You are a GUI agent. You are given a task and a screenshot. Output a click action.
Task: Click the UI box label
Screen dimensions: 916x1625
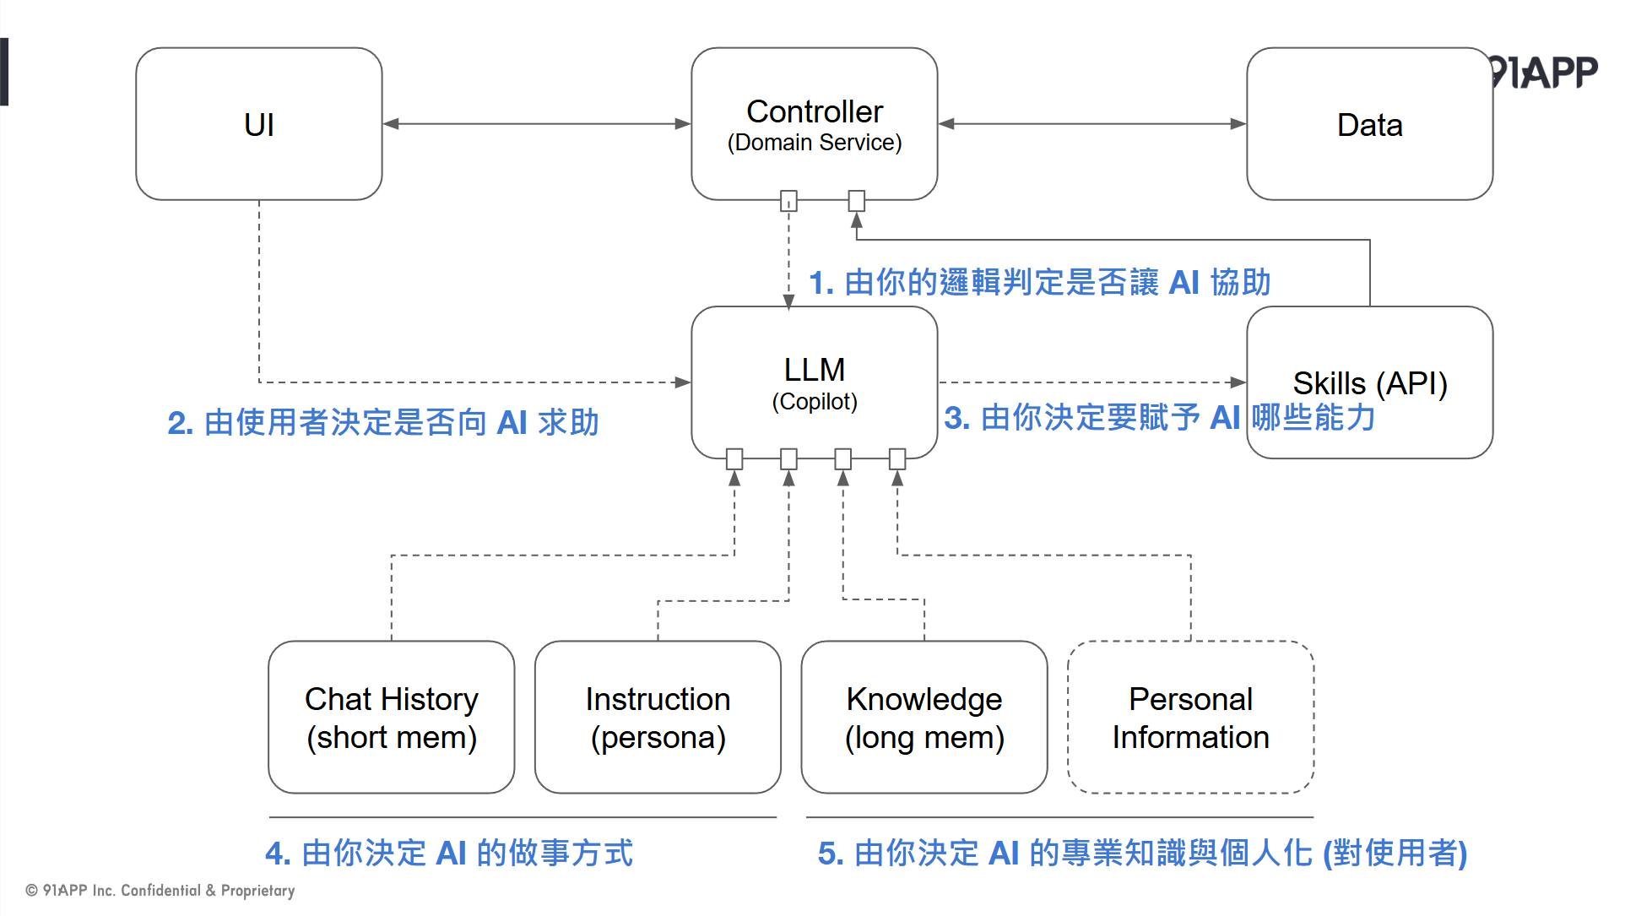point(258,125)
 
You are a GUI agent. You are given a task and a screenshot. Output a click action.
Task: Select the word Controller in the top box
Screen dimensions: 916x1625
point(814,111)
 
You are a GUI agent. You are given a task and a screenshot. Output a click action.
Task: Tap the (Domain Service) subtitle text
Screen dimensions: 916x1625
point(814,143)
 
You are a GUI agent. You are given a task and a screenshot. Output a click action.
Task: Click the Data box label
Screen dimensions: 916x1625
point(1368,125)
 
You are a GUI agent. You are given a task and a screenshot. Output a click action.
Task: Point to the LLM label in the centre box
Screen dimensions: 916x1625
point(814,370)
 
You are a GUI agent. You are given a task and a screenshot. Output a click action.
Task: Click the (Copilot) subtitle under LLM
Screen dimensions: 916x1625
point(814,402)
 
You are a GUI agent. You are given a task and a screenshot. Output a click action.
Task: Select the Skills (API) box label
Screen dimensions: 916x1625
point(1368,383)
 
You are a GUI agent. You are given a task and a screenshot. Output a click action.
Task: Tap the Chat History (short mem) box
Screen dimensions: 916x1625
point(391,718)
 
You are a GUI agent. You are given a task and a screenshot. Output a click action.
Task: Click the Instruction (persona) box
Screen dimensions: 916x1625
point(658,718)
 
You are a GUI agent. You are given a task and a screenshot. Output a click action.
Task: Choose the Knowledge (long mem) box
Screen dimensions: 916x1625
point(924,718)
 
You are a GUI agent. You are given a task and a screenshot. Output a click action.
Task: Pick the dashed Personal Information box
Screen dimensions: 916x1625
point(1189,718)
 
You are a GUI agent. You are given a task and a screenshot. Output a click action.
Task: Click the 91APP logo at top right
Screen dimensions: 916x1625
point(1545,73)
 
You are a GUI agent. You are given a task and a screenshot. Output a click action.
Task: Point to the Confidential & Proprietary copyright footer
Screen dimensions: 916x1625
point(160,891)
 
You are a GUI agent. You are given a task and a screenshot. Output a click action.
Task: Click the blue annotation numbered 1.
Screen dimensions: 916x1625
point(1039,283)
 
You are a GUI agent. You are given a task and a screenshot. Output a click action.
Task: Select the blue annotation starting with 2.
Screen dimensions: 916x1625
point(382,422)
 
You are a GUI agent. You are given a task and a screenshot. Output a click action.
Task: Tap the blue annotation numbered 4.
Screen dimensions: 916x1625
point(448,853)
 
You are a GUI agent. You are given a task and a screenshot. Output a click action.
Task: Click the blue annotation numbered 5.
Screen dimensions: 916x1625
point(1141,853)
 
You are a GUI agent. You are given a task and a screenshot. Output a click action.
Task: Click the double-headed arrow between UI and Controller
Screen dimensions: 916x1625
point(536,124)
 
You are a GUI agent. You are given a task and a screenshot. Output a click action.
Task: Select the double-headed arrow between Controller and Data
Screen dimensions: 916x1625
point(1091,124)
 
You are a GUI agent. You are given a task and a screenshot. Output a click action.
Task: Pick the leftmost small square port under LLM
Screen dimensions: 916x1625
point(734,459)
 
